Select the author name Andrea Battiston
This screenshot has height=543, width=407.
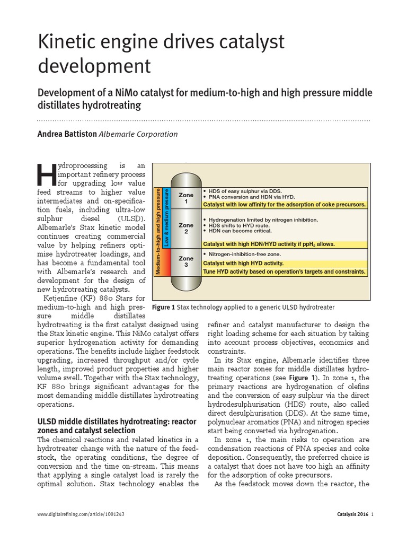[67, 134]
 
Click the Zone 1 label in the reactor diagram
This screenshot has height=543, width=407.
[185, 198]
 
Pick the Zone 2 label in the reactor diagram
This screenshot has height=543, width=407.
[185, 229]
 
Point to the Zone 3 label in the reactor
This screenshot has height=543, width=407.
[185, 261]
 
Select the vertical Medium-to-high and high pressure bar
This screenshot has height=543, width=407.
[157, 231]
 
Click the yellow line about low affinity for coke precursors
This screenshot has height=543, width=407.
[284, 204]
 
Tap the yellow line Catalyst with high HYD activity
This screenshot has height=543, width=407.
[243, 263]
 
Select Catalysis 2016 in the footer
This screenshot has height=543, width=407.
[352, 529]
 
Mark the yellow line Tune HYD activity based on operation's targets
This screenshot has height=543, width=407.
[284, 271]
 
